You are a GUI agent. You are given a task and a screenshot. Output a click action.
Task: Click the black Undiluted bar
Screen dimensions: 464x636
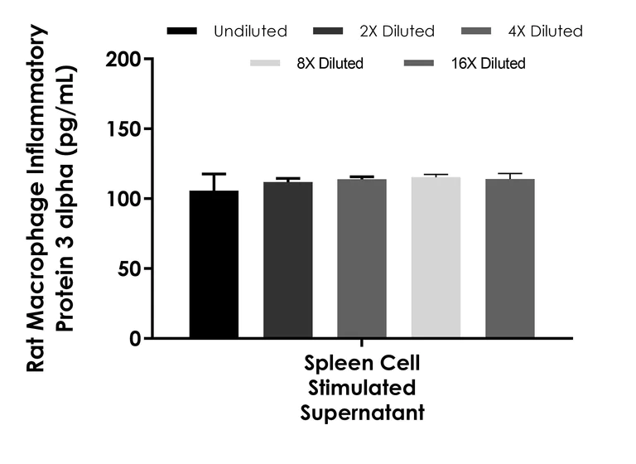coord(214,264)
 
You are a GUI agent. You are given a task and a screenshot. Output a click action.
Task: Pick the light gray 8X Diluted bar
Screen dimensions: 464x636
coord(436,258)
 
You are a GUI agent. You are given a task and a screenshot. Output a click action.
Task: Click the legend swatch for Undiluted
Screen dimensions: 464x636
coord(181,31)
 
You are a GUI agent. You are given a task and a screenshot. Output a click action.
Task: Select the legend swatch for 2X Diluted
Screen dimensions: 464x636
coord(330,31)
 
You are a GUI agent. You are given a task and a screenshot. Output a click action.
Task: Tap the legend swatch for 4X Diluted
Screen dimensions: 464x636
coord(478,31)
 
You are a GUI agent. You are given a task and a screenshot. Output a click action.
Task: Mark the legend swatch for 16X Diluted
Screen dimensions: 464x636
coord(417,63)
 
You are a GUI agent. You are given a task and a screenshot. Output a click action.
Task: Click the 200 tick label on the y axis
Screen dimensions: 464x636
coord(124,60)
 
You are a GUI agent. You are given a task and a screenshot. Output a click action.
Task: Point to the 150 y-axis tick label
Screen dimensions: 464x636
coord(124,129)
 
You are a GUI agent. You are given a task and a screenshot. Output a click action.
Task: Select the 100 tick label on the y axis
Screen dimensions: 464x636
coord(124,199)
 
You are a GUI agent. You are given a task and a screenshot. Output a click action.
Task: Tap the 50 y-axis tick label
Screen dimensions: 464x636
coord(129,268)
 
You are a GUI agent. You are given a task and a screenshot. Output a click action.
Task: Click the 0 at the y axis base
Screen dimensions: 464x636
coord(135,338)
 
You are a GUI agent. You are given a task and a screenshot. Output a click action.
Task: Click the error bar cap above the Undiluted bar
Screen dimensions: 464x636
coord(214,174)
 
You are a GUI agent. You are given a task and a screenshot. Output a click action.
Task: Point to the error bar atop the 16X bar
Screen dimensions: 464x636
coord(510,174)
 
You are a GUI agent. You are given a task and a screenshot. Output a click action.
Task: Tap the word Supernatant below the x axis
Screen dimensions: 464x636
coord(362,412)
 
